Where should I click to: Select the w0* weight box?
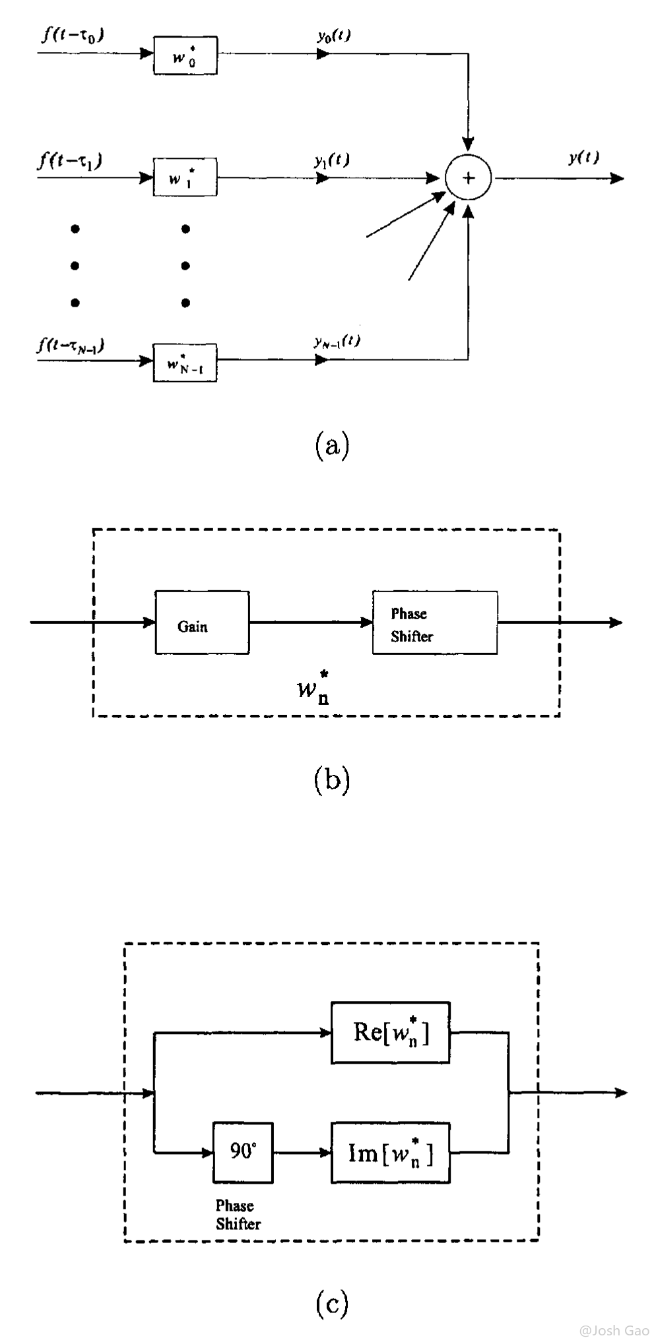(x=185, y=55)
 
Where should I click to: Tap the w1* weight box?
(x=185, y=177)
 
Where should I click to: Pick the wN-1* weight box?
(x=185, y=363)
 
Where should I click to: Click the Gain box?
(x=202, y=623)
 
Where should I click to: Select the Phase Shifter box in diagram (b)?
(x=435, y=623)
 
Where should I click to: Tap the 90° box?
(x=243, y=1153)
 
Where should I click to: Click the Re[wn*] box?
(x=391, y=1033)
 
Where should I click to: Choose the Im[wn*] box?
(x=391, y=1153)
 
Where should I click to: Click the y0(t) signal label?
(x=333, y=36)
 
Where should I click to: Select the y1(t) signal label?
(x=332, y=160)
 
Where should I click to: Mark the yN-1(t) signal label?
(x=337, y=341)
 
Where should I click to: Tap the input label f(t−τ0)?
(x=73, y=34)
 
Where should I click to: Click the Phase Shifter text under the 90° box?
(x=238, y=1214)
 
